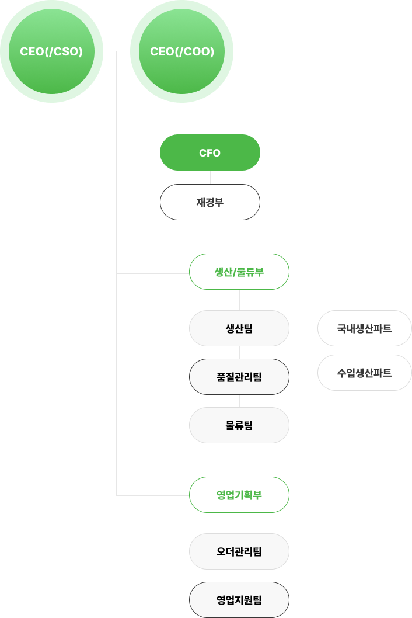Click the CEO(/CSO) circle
click(x=51, y=51)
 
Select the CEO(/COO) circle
click(x=181, y=51)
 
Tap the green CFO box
click(x=210, y=153)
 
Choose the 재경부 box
click(x=210, y=202)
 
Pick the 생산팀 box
click(x=239, y=328)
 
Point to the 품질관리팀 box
click(x=239, y=377)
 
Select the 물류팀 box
click(x=239, y=425)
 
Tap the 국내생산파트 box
click(x=365, y=328)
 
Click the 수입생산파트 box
click(x=365, y=372)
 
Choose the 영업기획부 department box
click(x=239, y=495)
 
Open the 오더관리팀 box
click(x=239, y=551)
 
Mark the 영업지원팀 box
click(x=239, y=599)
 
